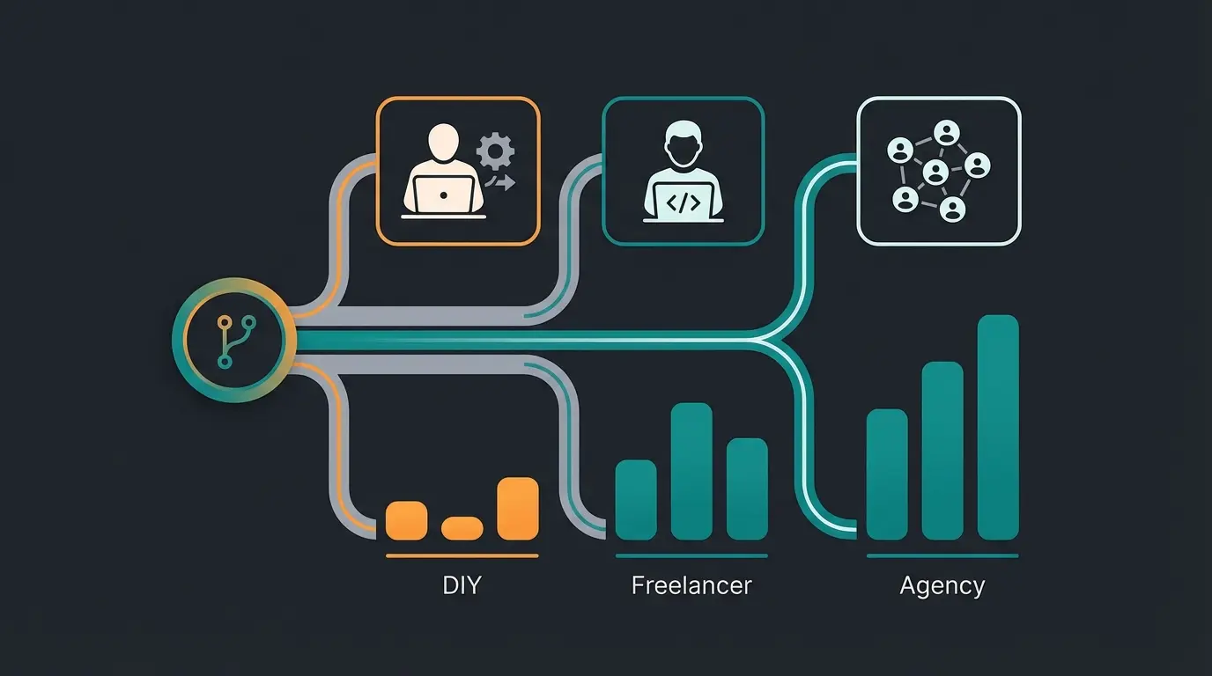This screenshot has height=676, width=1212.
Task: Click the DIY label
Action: pos(462,585)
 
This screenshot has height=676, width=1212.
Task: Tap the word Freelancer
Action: pos(691,585)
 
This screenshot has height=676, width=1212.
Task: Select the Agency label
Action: pos(942,585)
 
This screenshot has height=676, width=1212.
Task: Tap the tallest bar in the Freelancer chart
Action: pos(691,471)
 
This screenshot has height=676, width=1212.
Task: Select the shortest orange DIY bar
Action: pos(462,528)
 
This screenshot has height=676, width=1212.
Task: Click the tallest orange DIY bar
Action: pos(517,508)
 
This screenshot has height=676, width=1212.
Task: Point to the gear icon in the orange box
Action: pos(495,152)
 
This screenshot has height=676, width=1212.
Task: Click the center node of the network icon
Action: pos(935,172)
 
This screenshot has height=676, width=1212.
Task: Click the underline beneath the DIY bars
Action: pos(462,556)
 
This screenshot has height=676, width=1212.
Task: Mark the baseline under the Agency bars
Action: pos(942,556)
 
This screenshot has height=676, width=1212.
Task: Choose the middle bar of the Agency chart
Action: pos(942,451)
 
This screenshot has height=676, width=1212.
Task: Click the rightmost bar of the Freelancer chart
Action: pos(747,489)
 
